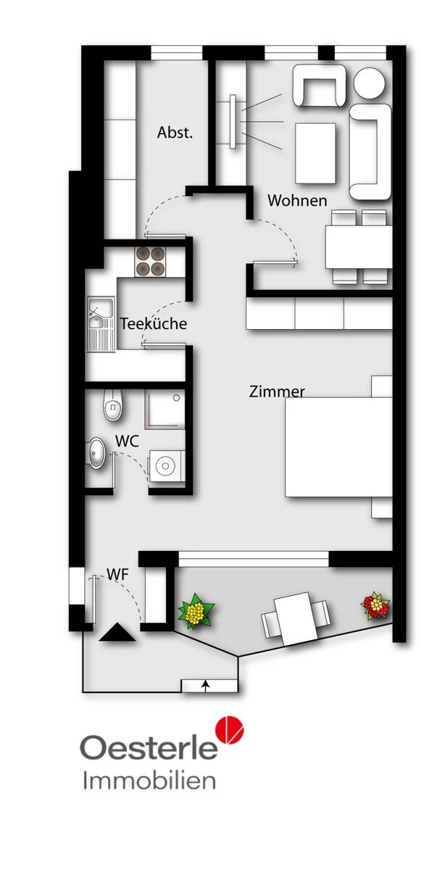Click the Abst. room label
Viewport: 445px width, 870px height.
[x=175, y=133]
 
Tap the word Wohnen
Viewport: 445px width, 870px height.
[x=297, y=200]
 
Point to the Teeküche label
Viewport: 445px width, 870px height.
[x=154, y=323]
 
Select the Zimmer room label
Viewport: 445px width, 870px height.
[x=277, y=391]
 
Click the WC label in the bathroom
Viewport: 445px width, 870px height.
[x=127, y=441]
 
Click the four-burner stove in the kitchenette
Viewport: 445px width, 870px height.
[x=150, y=262]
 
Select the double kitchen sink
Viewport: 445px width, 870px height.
[x=101, y=324]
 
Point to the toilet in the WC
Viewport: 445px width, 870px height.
[x=113, y=405]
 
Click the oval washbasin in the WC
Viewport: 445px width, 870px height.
[x=96, y=453]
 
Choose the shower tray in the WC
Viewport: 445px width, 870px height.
[x=165, y=410]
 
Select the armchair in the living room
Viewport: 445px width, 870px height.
[x=319, y=86]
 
